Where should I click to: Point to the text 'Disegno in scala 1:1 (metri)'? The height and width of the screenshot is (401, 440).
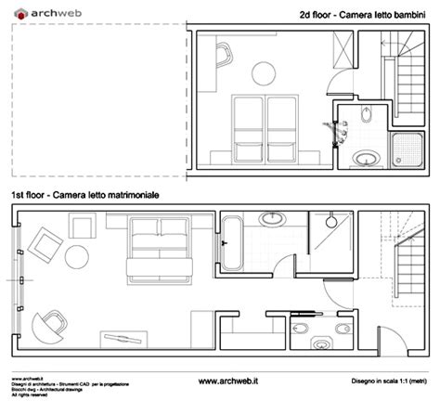(x=391, y=380)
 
